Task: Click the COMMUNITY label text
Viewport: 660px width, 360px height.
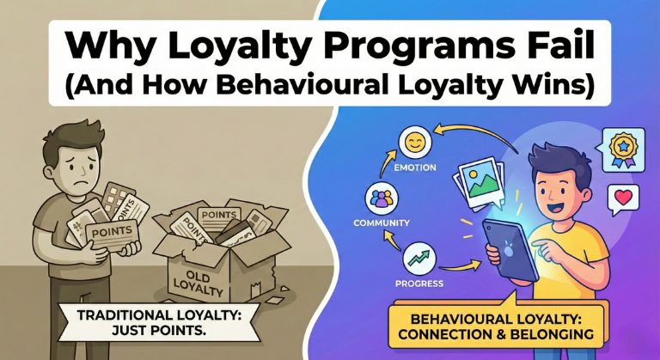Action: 378,224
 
